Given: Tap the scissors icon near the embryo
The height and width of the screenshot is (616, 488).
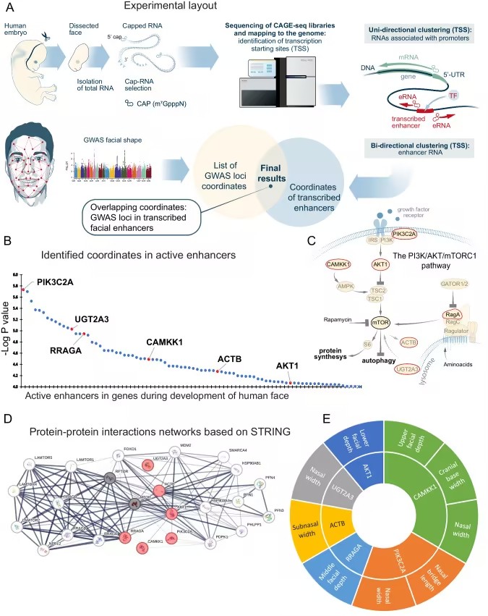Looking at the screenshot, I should point(46,34).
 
